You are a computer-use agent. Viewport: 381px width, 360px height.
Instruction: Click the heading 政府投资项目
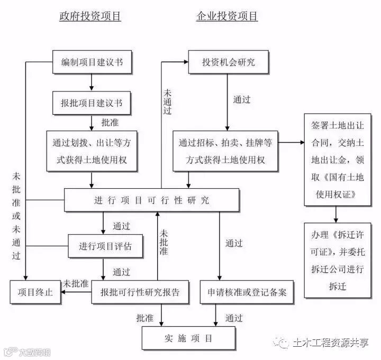(90, 16)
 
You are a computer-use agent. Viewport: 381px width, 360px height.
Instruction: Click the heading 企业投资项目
(227, 16)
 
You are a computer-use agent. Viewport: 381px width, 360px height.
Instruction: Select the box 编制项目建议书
(92, 62)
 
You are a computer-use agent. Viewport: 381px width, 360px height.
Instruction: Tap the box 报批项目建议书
(92, 103)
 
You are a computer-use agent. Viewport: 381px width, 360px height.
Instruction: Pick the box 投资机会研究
(228, 62)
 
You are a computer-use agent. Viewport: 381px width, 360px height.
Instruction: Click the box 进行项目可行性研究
(152, 200)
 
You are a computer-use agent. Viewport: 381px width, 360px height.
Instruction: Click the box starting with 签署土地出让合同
(334, 159)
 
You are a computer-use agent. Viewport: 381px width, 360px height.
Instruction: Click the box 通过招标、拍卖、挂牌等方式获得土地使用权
(225, 151)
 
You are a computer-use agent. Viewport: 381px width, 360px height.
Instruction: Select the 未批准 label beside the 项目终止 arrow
(75, 283)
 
